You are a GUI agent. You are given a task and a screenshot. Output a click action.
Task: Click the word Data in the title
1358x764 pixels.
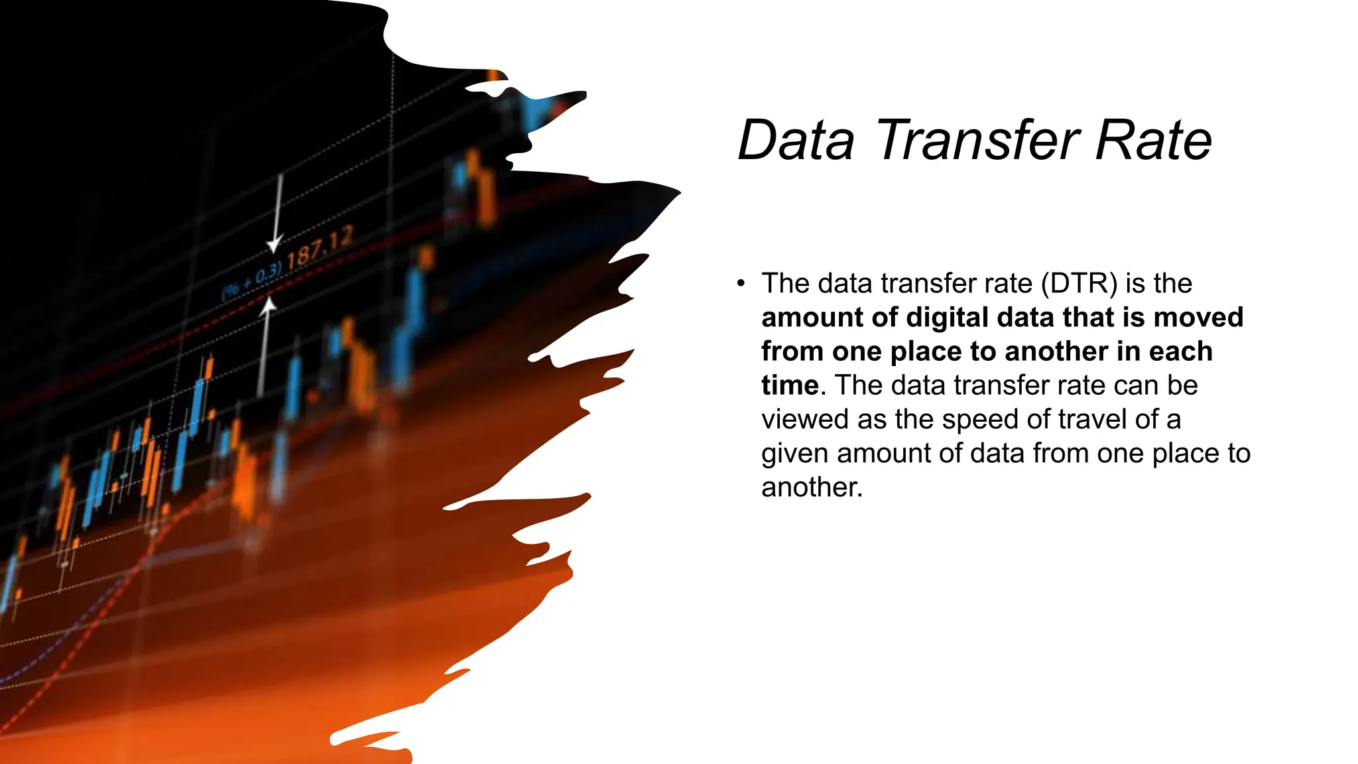tap(796, 141)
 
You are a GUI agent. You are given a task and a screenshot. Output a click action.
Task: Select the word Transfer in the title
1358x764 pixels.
tap(978, 141)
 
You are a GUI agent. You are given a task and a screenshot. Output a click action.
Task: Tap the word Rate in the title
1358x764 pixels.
tap(1153, 141)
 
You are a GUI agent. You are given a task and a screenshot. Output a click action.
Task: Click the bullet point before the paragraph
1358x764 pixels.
tap(741, 284)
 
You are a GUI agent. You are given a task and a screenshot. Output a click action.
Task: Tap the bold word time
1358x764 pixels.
tap(790, 386)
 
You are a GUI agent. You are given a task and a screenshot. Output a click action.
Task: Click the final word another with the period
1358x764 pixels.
tap(812, 488)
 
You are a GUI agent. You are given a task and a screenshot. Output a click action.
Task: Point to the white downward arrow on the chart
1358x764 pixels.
tap(277, 212)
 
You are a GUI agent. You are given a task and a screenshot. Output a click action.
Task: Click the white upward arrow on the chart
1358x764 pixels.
tap(266, 345)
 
